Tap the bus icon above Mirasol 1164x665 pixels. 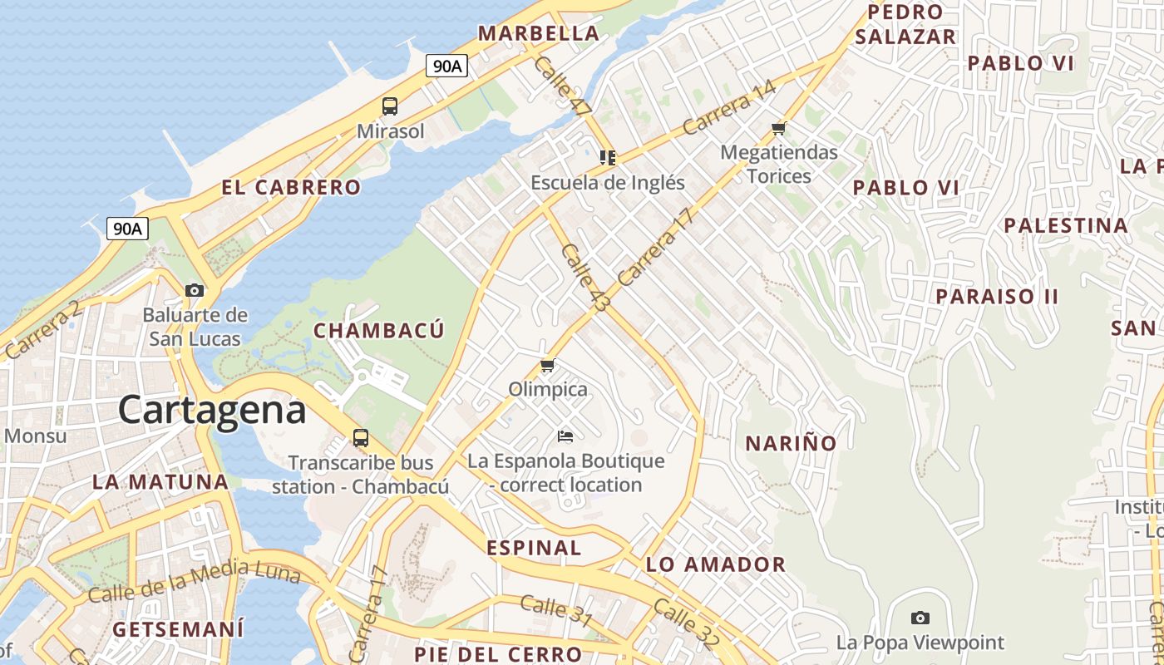pos(390,106)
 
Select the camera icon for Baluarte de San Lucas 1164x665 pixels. pos(195,290)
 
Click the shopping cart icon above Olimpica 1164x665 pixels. pos(547,365)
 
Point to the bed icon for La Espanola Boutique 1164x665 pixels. pos(565,436)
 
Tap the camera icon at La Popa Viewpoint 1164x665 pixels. pos(920,618)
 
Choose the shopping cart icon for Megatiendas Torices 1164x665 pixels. pos(778,128)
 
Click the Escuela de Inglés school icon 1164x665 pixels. pos(608,157)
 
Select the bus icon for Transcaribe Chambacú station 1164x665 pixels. pos(361,437)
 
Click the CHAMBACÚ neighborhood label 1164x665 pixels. pos(379,331)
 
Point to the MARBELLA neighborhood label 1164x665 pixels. pos(538,33)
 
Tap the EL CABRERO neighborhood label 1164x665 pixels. pos(291,188)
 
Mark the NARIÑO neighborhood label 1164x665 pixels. pos(791,444)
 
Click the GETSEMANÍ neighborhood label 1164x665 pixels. pos(179,629)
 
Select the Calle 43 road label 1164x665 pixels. pos(585,278)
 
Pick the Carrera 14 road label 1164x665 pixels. pos(729,108)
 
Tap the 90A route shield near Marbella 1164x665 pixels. pos(446,66)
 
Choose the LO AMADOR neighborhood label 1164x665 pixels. pos(716,565)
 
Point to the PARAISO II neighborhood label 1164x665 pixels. pos(997,297)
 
